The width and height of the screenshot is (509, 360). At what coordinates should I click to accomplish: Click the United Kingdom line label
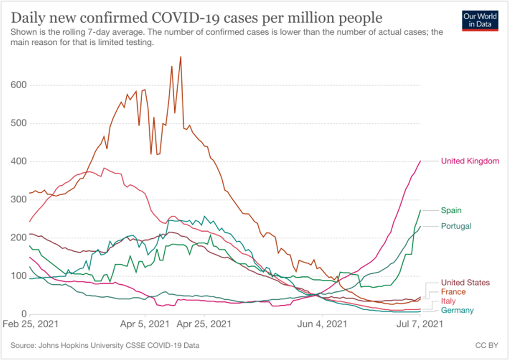(470, 161)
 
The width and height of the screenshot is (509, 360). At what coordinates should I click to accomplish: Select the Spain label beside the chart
(451, 210)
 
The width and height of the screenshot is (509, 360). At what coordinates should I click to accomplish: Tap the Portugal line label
(456, 226)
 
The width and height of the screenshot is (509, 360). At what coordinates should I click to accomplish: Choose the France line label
(453, 291)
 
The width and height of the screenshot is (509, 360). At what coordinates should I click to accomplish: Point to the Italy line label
(448, 301)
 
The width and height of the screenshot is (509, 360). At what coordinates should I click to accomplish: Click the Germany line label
(457, 311)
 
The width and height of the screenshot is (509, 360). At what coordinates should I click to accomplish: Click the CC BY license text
(486, 346)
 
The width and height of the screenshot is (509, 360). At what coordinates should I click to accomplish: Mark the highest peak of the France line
(181, 57)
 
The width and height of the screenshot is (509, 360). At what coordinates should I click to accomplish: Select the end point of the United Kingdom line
(421, 161)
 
